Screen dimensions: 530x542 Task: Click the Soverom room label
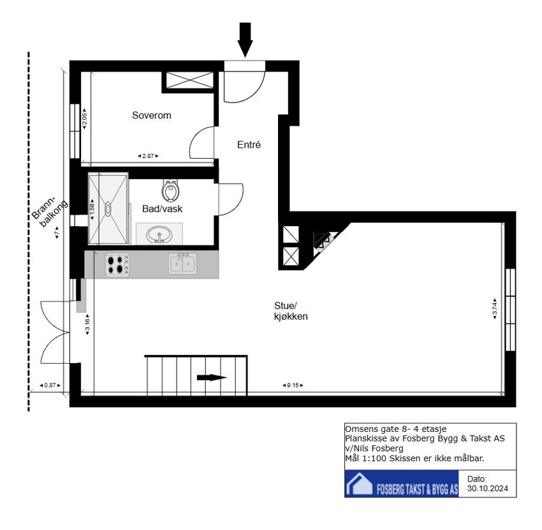[151, 115]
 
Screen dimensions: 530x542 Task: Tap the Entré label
[249, 145]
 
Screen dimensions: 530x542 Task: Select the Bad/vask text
[162, 208]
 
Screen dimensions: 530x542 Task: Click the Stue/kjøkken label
[287, 311]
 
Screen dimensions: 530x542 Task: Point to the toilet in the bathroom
[171, 190]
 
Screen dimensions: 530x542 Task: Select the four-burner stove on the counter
[117, 264]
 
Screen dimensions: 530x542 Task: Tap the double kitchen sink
[183, 264]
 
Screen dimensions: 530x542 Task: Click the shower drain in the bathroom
[108, 208]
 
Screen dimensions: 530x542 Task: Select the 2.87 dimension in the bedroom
[148, 155]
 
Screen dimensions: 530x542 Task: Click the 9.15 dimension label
[293, 385]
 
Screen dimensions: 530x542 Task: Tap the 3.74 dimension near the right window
[495, 309]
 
